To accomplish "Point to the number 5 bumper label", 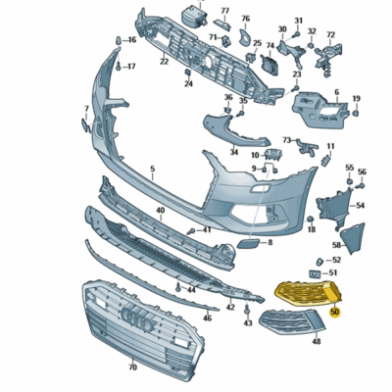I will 152,170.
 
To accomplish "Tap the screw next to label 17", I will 119,68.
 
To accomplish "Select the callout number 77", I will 224,11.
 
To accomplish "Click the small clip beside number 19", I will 356,113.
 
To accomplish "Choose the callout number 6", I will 336,93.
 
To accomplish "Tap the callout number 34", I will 234,152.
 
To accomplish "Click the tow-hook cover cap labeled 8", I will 249,238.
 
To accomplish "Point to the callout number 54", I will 360,205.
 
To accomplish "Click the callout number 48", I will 316,343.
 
